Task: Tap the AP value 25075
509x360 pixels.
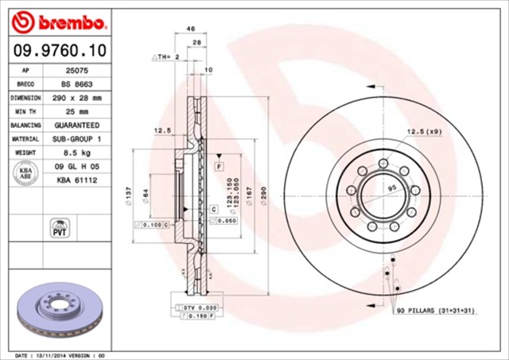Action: [x=76, y=70]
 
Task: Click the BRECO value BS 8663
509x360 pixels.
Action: [x=76, y=83]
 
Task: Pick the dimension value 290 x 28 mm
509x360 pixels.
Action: [x=77, y=98]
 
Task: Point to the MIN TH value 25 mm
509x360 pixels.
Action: [x=76, y=111]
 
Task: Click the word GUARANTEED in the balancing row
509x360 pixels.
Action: [x=77, y=126]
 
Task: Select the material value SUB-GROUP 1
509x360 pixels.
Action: [x=77, y=139]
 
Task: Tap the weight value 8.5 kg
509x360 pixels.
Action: [x=76, y=153]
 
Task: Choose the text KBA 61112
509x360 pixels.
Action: [x=76, y=181]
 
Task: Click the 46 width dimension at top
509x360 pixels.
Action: [x=191, y=29]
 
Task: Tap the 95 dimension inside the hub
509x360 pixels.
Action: [x=390, y=188]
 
